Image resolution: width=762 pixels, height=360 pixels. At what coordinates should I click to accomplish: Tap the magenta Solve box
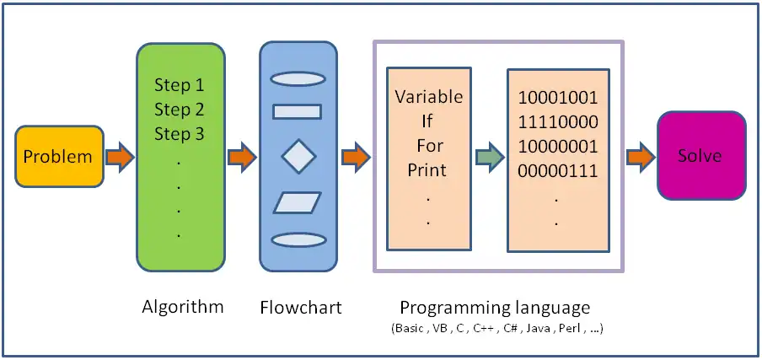[x=700, y=156]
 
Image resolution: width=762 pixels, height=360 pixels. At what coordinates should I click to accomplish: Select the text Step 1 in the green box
[x=179, y=85]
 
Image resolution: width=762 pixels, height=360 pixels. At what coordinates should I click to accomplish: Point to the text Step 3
[x=179, y=134]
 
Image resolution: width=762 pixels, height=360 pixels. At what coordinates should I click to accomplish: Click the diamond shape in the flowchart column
[x=298, y=156]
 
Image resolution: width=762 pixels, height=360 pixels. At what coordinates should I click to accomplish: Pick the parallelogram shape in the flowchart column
[x=298, y=202]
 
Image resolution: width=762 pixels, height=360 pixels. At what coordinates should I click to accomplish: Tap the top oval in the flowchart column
[x=298, y=79]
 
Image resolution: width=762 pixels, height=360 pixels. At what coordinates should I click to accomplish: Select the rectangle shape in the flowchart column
[x=298, y=110]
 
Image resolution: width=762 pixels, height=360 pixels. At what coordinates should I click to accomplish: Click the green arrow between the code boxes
[x=488, y=156]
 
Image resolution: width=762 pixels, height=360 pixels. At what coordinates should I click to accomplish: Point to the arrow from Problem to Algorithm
[x=120, y=156]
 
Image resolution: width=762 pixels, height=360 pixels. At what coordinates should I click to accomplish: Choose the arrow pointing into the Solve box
[x=640, y=156]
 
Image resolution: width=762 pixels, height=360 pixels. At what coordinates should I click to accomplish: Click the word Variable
[x=429, y=96]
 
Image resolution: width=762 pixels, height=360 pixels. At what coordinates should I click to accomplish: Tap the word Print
[x=427, y=170]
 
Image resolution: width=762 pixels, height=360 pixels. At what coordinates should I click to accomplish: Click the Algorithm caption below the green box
[x=183, y=306]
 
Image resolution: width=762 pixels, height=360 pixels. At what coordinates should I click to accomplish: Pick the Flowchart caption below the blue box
[x=301, y=307]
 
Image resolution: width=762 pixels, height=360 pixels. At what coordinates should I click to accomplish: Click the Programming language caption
[x=495, y=307]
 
